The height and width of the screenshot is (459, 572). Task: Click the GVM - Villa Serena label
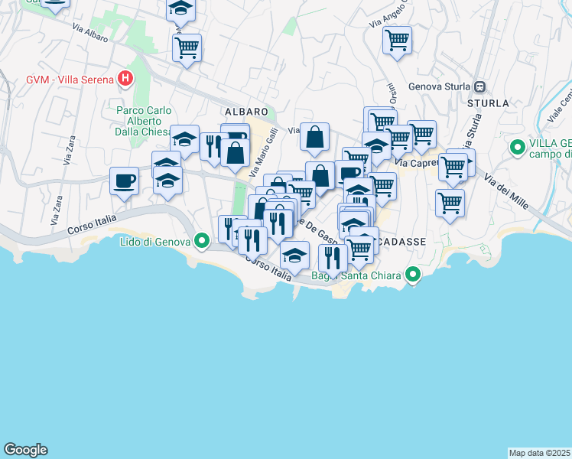[x=70, y=78]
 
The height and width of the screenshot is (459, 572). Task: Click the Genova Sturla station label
[x=440, y=86]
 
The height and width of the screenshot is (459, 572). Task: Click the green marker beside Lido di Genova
[x=202, y=242]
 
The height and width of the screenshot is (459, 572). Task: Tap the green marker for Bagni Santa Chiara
[x=414, y=274]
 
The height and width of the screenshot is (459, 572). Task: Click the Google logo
[x=25, y=450]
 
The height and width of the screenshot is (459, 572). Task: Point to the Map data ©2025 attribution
[x=540, y=453]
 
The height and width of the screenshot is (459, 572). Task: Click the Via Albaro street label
[x=90, y=34]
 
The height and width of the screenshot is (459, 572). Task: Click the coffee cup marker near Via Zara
[x=124, y=181]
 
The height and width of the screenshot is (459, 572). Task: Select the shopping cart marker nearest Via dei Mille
[x=450, y=203]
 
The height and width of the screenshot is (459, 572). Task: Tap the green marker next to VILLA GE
[x=517, y=146]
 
